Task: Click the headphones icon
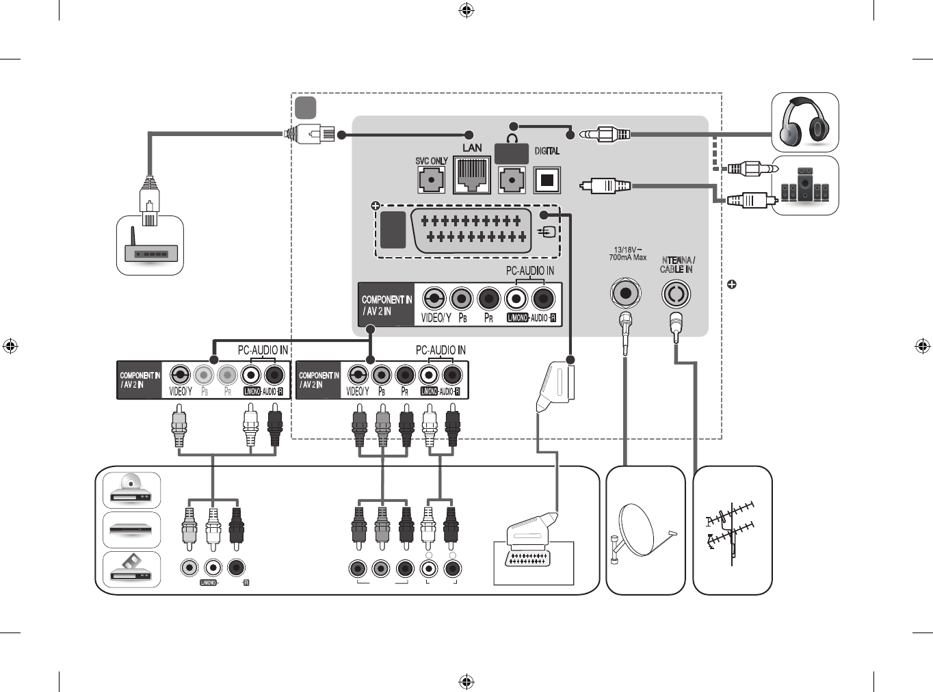805,122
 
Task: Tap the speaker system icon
805,185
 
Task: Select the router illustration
150,252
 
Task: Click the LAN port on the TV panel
472,175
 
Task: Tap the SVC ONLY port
432,180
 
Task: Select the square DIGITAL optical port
547,180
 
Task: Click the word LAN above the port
472,148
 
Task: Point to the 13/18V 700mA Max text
627,254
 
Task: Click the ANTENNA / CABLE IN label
677,265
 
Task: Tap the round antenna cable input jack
676,294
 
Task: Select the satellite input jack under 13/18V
625,293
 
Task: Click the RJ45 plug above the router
149,201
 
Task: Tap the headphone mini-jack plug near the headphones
605,134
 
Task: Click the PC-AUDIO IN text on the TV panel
529,271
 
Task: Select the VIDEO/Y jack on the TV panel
434,299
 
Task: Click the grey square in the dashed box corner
305,107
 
